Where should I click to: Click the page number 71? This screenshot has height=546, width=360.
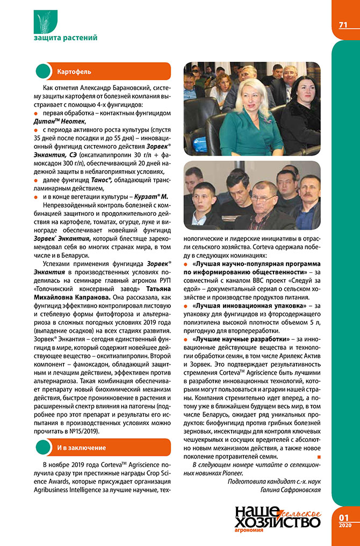click(x=343, y=25)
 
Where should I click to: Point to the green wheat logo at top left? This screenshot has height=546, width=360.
click(x=45, y=20)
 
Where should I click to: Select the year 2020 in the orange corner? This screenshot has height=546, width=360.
click(x=344, y=525)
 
